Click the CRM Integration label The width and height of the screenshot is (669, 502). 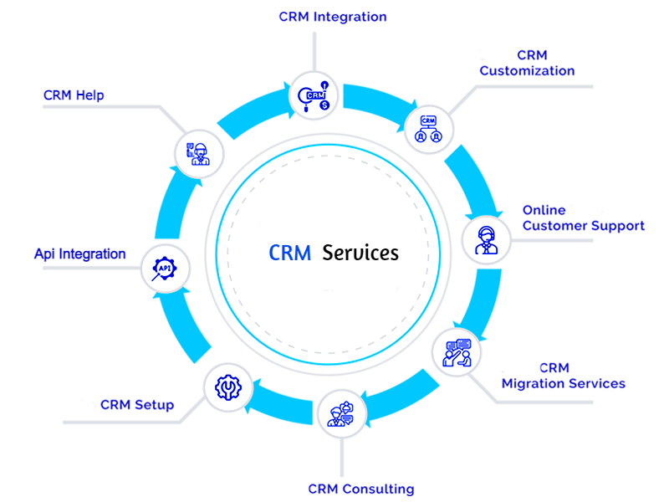(332, 17)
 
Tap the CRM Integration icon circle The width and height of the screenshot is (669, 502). (314, 95)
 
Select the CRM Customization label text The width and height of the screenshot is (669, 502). (527, 64)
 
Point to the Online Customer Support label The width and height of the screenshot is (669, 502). (583, 218)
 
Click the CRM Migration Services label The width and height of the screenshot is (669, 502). (563, 376)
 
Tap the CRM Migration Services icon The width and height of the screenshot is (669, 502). (457, 351)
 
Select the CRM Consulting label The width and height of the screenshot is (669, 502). (360, 489)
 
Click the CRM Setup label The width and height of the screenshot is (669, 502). (136, 405)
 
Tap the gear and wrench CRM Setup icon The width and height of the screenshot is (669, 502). (227, 387)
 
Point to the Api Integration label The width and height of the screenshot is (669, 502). (80, 254)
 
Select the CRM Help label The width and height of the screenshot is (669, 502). (74, 95)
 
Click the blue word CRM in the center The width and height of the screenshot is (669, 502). (289, 252)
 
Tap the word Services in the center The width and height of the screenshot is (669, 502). (360, 252)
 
